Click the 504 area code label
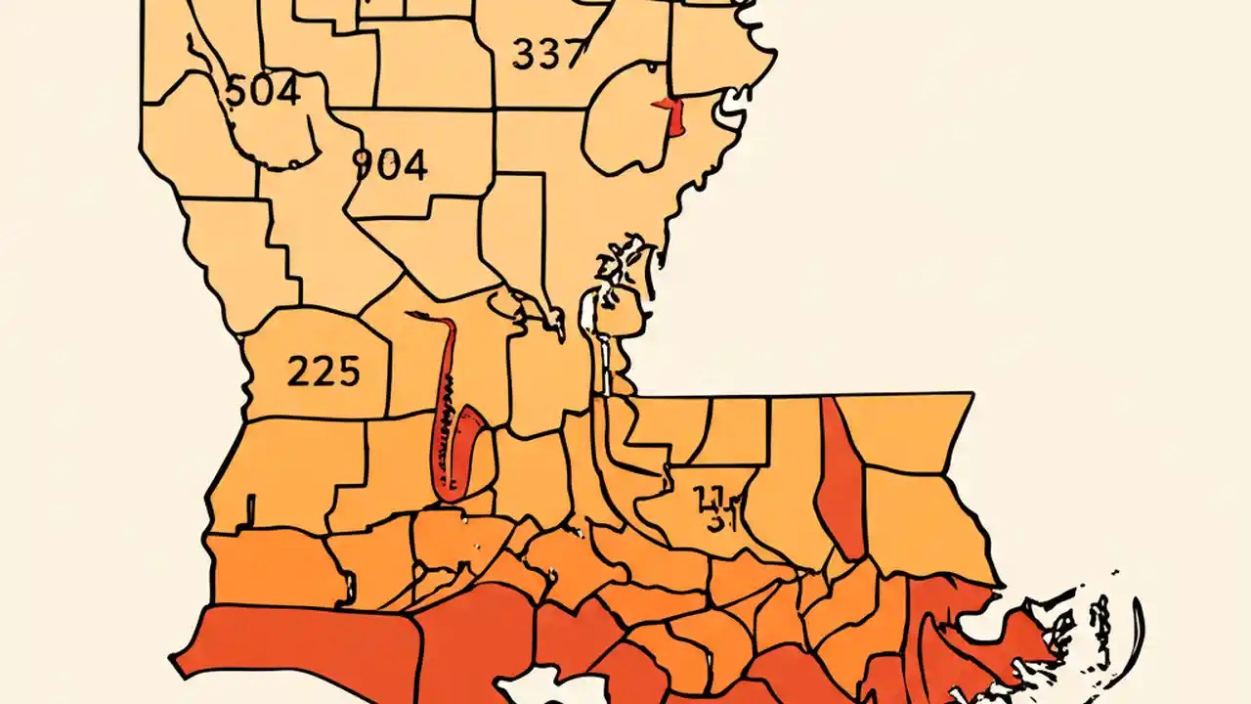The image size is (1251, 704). [x=262, y=92]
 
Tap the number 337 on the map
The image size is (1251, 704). [x=549, y=55]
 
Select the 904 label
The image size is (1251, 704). [x=389, y=164]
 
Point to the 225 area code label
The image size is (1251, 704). [x=324, y=372]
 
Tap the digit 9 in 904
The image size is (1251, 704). [x=363, y=164]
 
